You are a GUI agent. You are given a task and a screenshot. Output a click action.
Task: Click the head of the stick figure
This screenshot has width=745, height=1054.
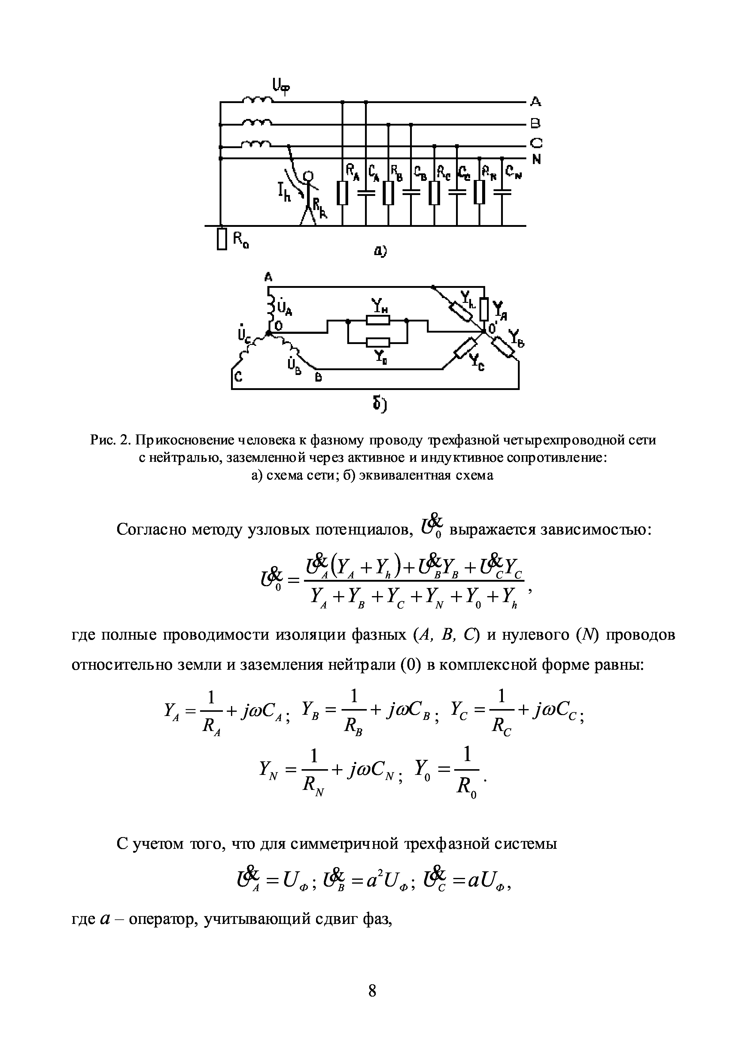point(310,176)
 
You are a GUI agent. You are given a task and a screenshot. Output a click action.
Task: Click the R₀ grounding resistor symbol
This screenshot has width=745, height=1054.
point(222,239)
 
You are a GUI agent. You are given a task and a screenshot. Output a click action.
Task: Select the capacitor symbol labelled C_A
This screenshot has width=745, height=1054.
point(366,193)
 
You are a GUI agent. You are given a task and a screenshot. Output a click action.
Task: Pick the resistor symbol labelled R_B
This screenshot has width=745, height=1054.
point(388,193)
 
